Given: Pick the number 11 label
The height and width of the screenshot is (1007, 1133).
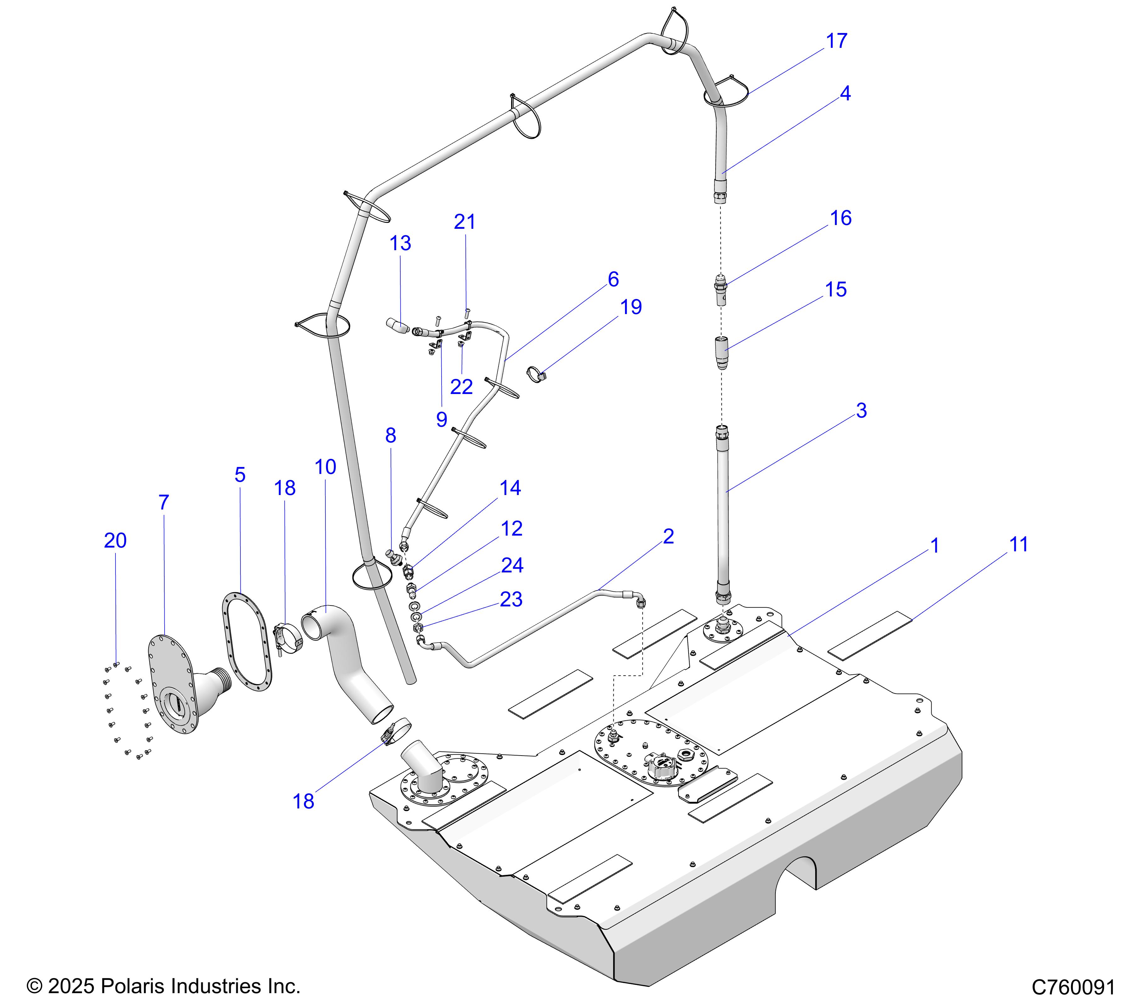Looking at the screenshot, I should tap(1019, 545).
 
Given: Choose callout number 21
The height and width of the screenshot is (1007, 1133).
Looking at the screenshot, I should tap(465, 222).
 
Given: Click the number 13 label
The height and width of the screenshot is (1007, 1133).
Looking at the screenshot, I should tap(400, 243).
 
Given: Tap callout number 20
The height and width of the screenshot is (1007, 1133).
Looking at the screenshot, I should tap(115, 540).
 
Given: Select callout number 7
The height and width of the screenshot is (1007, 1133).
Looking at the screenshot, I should tap(164, 503).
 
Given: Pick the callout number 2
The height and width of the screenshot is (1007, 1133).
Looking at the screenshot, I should tap(668, 537).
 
